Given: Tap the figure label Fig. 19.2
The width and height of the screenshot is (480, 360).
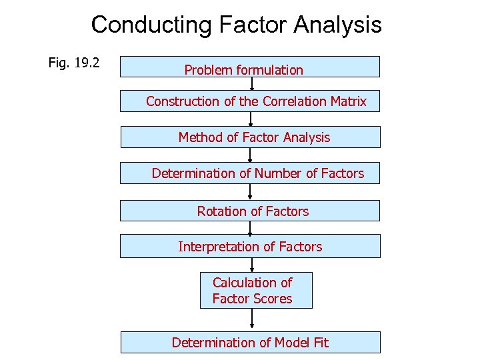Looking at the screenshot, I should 74,63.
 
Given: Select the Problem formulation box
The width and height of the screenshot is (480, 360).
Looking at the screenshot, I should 249,67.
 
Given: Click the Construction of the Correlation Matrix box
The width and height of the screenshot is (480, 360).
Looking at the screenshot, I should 249,101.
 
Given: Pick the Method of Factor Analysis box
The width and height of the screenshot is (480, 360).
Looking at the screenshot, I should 249,137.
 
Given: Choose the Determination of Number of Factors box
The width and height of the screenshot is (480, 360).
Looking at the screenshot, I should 249,173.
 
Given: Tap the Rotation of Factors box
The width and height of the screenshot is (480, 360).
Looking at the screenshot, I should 249,211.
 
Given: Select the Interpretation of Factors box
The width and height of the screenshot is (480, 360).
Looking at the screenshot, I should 249,246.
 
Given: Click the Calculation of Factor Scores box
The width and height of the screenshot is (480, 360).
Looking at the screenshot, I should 255,291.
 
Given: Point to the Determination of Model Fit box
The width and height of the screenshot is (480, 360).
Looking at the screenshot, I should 250,342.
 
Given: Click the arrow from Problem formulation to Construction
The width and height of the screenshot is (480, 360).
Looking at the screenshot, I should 252,84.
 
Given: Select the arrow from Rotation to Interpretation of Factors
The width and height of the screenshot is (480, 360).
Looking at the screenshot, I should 251,228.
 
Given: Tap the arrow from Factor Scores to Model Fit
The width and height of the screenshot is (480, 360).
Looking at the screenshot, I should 252,320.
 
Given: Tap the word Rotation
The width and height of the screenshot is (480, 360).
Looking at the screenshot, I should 221,211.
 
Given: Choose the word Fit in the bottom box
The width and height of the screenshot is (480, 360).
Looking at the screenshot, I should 320,343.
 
